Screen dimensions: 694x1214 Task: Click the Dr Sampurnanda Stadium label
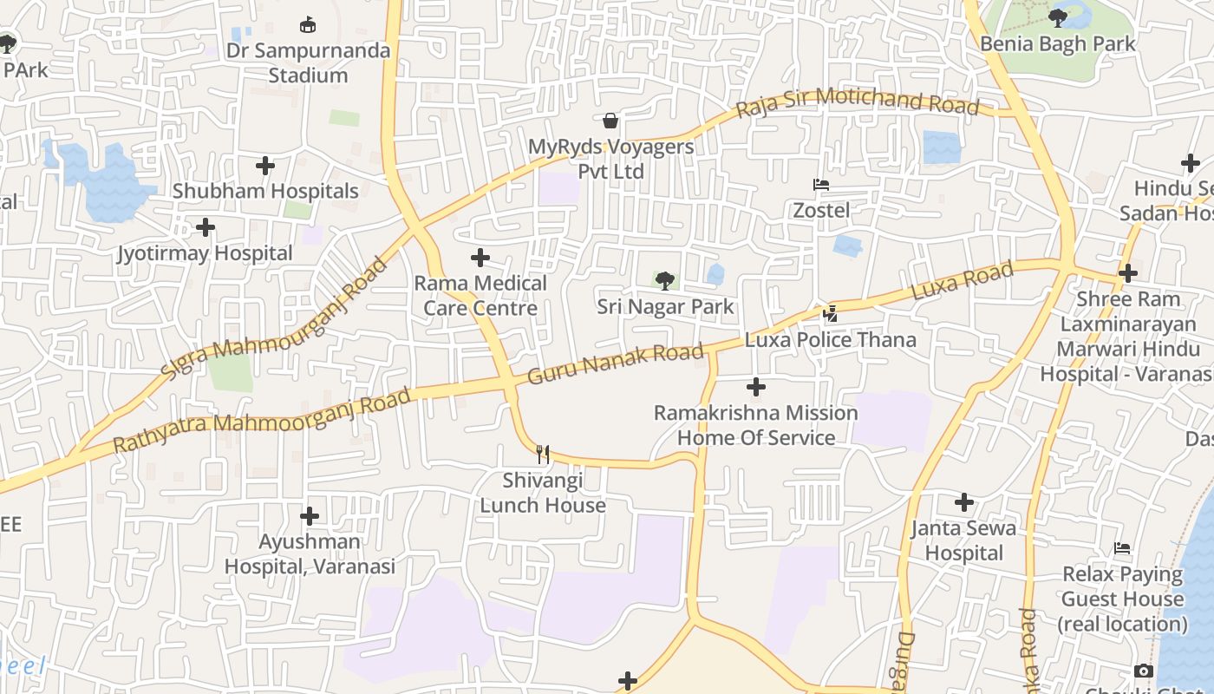click(x=308, y=62)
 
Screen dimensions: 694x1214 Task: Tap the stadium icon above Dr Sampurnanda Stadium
click(x=308, y=24)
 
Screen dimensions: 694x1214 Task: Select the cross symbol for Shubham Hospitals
click(x=265, y=165)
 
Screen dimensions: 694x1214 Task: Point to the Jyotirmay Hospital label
click(x=206, y=253)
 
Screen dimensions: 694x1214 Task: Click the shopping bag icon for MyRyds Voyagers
click(x=610, y=120)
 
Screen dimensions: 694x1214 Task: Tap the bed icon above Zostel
click(x=820, y=185)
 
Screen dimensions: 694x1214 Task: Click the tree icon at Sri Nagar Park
click(x=665, y=280)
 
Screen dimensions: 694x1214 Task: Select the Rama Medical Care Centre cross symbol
click(x=480, y=258)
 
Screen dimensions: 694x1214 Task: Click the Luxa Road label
click(x=963, y=282)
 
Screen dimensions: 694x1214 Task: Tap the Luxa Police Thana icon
click(x=830, y=314)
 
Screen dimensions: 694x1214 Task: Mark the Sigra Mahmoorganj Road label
click(x=274, y=318)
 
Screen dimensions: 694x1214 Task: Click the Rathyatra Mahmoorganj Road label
click(x=262, y=421)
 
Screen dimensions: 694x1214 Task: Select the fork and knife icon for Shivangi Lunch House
click(x=543, y=454)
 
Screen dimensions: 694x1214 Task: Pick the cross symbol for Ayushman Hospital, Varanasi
click(x=310, y=516)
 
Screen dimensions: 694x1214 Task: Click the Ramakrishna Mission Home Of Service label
click(x=756, y=425)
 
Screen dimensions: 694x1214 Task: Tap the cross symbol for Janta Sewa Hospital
click(x=963, y=502)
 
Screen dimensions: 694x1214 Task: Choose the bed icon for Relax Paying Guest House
click(x=1122, y=548)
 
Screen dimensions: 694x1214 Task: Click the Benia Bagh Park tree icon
click(x=1057, y=16)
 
